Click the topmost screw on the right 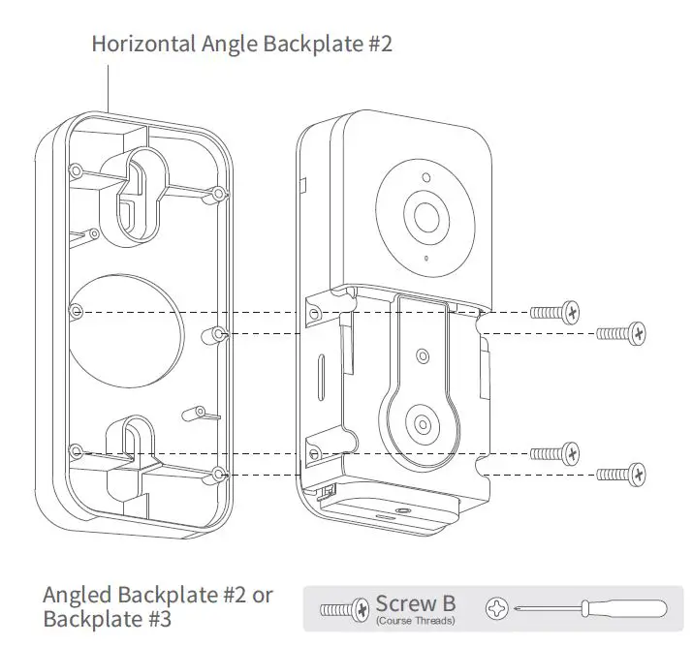(x=556, y=312)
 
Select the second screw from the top (x=621, y=333)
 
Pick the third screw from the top (x=556, y=451)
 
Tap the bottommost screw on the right (x=621, y=474)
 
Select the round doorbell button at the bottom (x=423, y=423)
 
